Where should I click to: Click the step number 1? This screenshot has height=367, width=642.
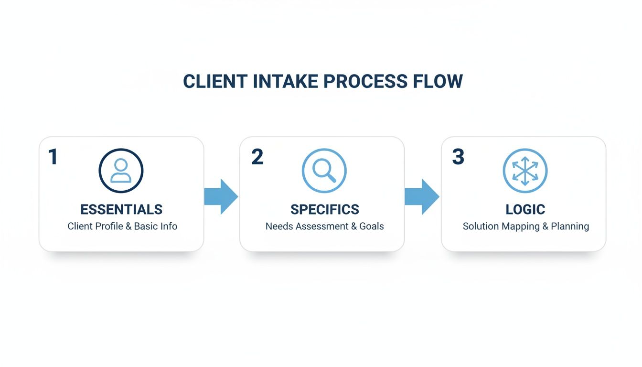(x=53, y=157)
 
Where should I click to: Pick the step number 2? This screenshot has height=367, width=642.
(x=257, y=157)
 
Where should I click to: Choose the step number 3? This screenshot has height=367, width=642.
(x=458, y=157)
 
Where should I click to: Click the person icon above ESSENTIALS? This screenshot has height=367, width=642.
(x=121, y=171)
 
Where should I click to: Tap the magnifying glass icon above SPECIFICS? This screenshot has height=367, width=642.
(x=324, y=171)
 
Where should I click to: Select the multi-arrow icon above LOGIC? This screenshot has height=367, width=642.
(x=525, y=171)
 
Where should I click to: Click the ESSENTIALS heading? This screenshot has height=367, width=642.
(x=121, y=209)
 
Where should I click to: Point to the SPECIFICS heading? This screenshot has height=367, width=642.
(x=324, y=209)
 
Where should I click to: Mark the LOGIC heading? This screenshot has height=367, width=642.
(x=525, y=209)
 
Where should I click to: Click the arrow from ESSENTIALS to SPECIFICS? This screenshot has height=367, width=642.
(x=221, y=196)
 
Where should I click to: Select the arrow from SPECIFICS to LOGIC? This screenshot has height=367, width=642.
(x=422, y=196)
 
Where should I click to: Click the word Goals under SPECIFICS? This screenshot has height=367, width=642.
(x=372, y=227)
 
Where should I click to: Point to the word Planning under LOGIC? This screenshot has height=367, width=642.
(x=570, y=227)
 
